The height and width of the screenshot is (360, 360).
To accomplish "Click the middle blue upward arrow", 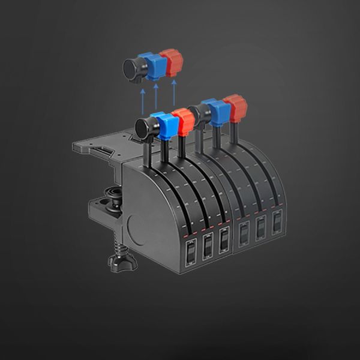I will coord(157,97).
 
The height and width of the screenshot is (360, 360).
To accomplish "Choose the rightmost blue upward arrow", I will coord(175,94).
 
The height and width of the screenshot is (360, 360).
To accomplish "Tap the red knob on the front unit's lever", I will coord(183,121).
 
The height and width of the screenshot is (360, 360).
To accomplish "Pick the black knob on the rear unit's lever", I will coord(196,113).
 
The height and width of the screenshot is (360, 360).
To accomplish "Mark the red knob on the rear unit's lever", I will coord(235,106).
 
